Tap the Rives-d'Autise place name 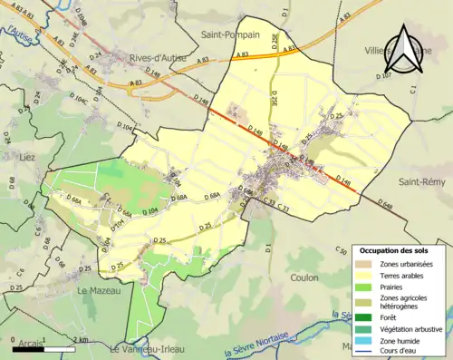point(158,57)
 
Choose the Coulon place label point(304,278)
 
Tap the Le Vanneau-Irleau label point(149,348)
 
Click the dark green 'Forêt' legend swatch point(367,317)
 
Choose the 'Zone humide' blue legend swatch point(367,341)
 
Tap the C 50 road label point(342,250)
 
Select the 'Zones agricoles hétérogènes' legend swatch point(367,301)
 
